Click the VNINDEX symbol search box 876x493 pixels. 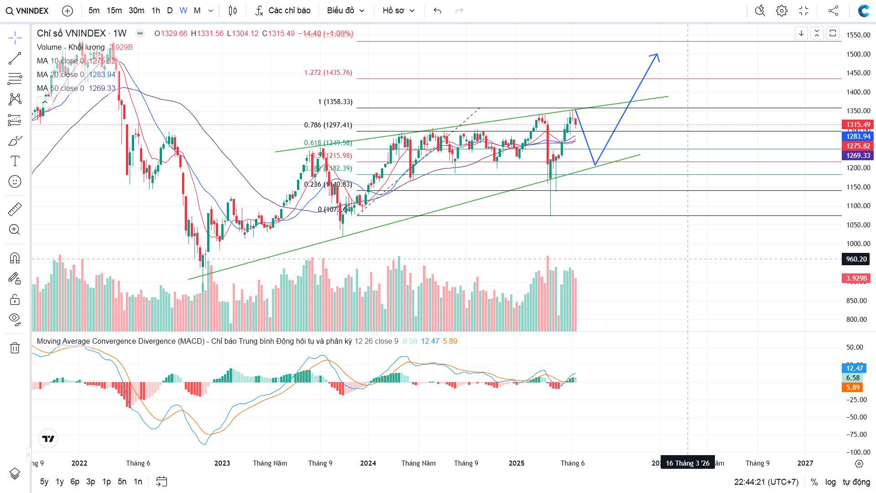point(27,10)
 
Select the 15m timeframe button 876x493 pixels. point(114,10)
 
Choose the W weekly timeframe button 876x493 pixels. point(183,10)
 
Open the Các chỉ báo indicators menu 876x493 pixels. point(283,10)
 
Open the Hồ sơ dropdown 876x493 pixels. point(398,10)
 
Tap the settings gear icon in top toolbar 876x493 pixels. point(782,10)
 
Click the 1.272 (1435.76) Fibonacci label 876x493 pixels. point(328,73)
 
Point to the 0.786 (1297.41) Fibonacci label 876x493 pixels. point(328,125)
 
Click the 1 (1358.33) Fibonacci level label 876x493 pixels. point(335,102)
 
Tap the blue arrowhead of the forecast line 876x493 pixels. point(656,55)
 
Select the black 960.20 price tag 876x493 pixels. point(856,259)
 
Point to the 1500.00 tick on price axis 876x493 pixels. point(858,54)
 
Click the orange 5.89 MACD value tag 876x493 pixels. point(853,388)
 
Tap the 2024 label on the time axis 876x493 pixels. point(368,463)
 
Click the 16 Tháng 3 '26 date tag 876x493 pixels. point(687,463)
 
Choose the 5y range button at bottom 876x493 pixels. point(44,482)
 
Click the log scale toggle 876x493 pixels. point(830,482)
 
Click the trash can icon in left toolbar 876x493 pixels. point(15,348)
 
